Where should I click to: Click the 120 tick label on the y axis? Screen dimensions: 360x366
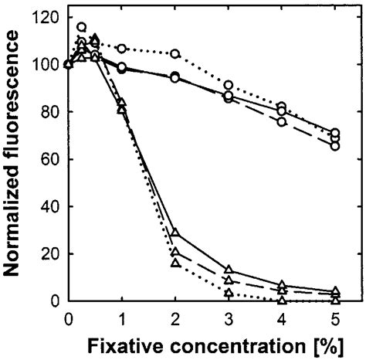[45, 17]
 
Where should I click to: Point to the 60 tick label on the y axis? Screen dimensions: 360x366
[49, 159]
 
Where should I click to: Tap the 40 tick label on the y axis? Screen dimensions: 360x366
[49, 206]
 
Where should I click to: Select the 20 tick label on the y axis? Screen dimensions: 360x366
[49, 253]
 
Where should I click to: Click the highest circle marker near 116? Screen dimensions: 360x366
[82, 27]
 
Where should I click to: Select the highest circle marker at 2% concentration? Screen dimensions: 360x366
[175, 54]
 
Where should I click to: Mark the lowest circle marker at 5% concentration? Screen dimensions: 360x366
[335, 145]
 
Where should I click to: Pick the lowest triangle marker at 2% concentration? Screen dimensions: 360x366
[175, 263]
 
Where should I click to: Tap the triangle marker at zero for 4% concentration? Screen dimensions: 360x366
[282, 300]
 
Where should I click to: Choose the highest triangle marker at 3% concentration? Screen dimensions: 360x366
[229, 270]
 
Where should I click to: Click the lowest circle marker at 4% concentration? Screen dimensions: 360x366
[282, 121]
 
